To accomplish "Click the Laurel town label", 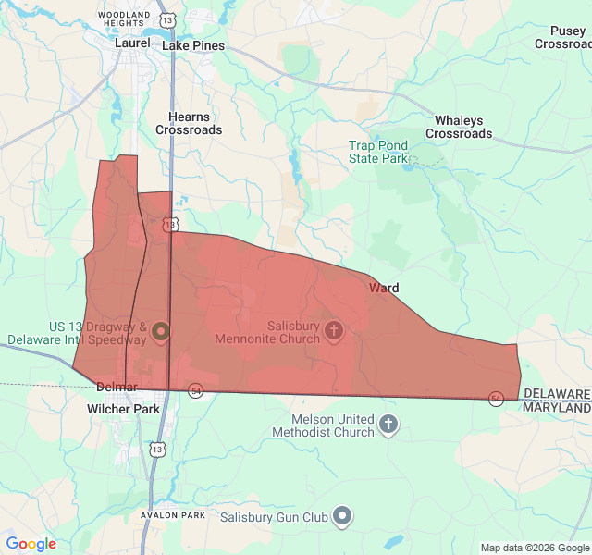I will pyautogui.click(x=131, y=43).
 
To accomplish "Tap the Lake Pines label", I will pyautogui.click(x=193, y=44).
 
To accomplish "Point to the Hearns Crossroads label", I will pyautogui.click(x=189, y=123).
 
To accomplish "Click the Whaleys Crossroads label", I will pyautogui.click(x=459, y=127).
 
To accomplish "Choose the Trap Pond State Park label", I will pyautogui.click(x=378, y=152).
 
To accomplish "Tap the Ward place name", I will pyautogui.click(x=384, y=288).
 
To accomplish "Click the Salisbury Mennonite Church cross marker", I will pyautogui.click(x=333, y=329).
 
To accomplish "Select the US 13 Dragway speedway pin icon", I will pyautogui.click(x=161, y=330).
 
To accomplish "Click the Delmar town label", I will pyautogui.click(x=117, y=387).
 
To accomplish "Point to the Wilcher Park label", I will pyautogui.click(x=123, y=408).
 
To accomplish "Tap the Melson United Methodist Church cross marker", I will pyautogui.click(x=388, y=425).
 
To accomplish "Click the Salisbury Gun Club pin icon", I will pyautogui.click(x=342, y=516).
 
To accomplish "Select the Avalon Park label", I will pyautogui.click(x=173, y=514).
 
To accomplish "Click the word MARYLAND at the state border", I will pyautogui.click(x=557, y=408).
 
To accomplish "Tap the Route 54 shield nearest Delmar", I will pyautogui.click(x=195, y=391).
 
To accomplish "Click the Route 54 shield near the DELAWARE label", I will pyautogui.click(x=497, y=398).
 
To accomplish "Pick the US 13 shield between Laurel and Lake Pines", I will pyautogui.click(x=166, y=19).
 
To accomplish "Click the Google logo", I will pyautogui.click(x=31, y=544).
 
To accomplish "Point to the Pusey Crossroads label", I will pyautogui.click(x=564, y=38).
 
